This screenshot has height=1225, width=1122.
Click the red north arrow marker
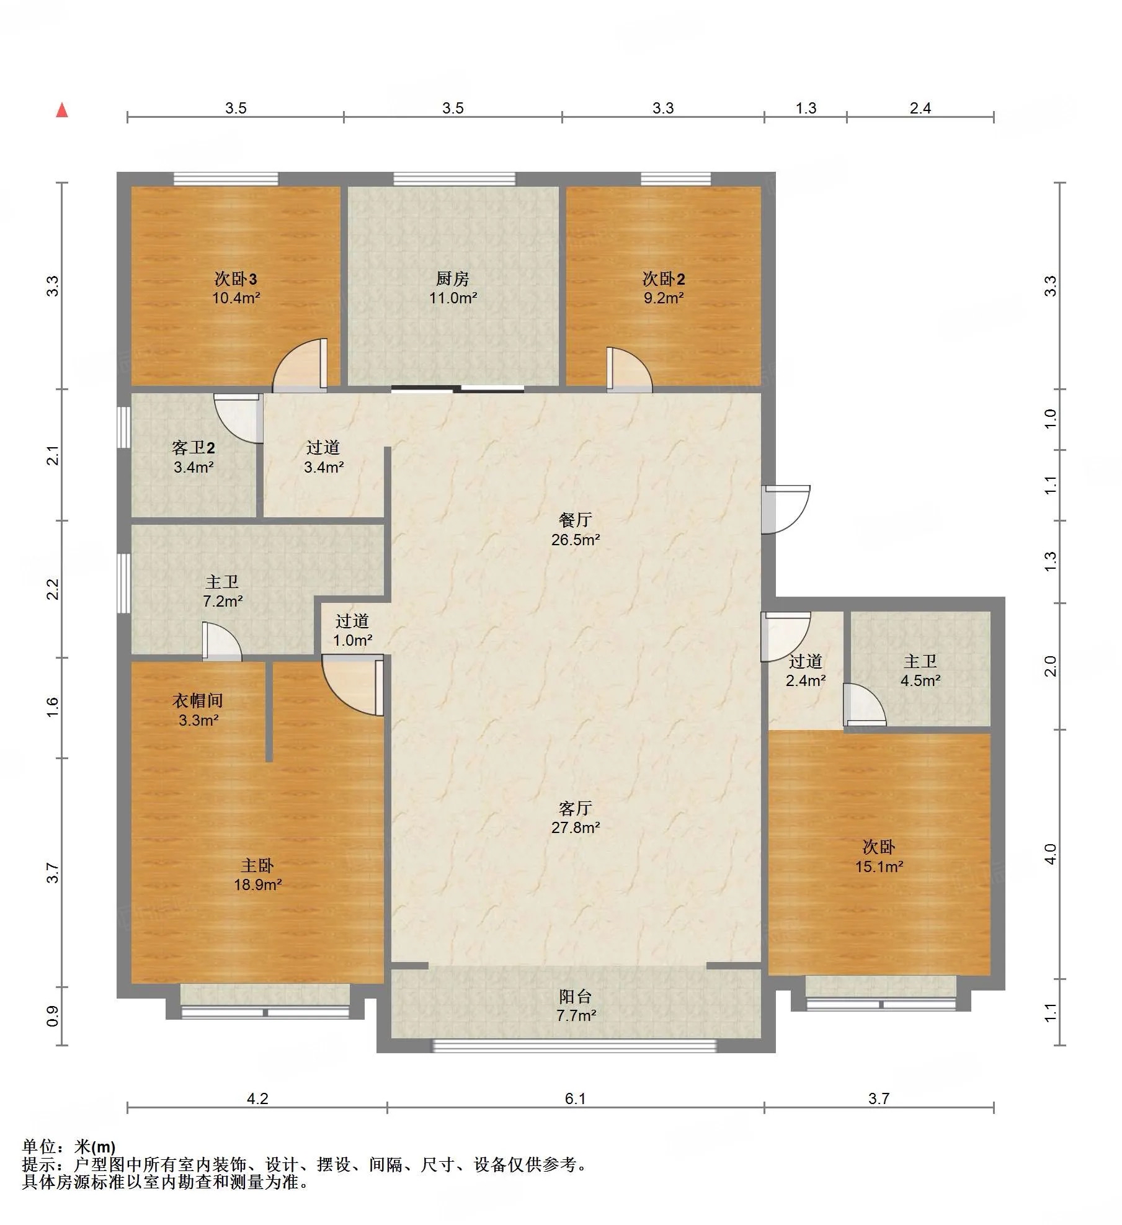pyautogui.click(x=62, y=110)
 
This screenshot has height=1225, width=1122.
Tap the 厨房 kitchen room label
pyautogui.click(x=453, y=278)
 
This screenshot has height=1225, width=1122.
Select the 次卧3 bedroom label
pyautogui.click(x=236, y=278)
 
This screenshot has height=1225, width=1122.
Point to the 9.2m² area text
pyautogui.click(x=664, y=298)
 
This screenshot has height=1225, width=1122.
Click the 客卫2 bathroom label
pyautogui.click(x=194, y=448)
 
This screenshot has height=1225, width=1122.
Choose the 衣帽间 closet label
pyautogui.click(x=198, y=701)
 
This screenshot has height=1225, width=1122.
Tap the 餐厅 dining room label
pyautogui.click(x=576, y=520)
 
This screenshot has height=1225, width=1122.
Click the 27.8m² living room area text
pyautogui.click(x=576, y=827)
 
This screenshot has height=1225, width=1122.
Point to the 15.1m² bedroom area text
pyautogui.click(x=879, y=866)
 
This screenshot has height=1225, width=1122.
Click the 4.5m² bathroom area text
pyautogui.click(x=920, y=680)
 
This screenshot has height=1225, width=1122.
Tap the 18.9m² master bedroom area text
pyautogui.click(x=257, y=884)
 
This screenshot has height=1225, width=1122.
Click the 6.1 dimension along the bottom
pyautogui.click(x=576, y=1098)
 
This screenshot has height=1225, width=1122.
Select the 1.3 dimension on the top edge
pyautogui.click(x=806, y=109)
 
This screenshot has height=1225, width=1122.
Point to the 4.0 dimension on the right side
pyautogui.click(x=1050, y=854)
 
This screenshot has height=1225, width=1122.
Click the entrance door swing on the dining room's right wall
pyautogui.click(x=786, y=509)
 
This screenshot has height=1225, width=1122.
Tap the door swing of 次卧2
pyautogui.click(x=629, y=370)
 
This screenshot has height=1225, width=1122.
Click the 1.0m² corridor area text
pyautogui.click(x=352, y=640)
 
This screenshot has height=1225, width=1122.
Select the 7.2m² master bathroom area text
pyautogui.click(x=223, y=601)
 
